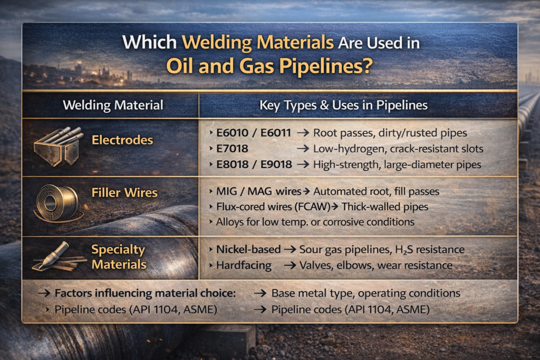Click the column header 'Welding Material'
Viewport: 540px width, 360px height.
[x=113, y=105]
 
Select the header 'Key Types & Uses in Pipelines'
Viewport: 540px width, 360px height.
[x=343, y=105]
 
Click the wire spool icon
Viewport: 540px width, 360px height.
[x=57, y=203]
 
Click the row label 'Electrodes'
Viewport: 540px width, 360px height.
[x=122, y=140]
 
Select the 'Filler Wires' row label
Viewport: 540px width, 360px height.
[x=124, y=192]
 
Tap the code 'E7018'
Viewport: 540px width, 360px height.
[x=232, y=149]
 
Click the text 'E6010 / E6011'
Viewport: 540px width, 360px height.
[x=254, y=133]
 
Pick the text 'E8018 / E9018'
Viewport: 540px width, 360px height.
[x=254, y=164]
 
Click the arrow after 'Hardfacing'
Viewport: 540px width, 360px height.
[x=291, y=265]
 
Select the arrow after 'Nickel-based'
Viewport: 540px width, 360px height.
[x=291, y=249]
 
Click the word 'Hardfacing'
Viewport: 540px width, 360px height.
[x=244, y=265]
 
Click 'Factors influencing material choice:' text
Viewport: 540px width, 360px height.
[x=146, y=293]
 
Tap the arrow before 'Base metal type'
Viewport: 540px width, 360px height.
[x=260, y=293]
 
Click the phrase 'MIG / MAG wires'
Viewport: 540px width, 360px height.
[x=258, y=191]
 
